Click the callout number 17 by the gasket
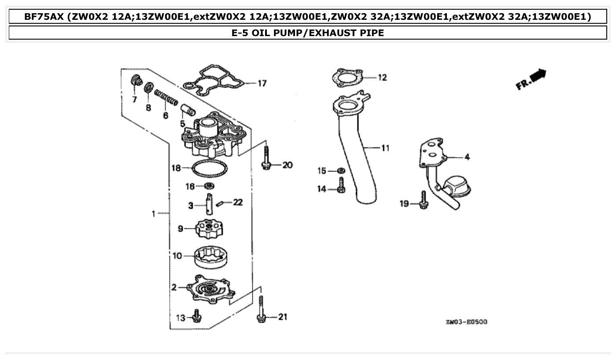(262, 83)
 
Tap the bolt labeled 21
(261, 310)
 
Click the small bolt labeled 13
(196, 316)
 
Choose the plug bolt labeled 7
(137, 82)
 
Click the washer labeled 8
(149, 87)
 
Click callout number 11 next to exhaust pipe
(385, 148)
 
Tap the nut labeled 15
(341, 170)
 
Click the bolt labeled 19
(423, 200)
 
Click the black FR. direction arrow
(538, 76)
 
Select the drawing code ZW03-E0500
(466, 322)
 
